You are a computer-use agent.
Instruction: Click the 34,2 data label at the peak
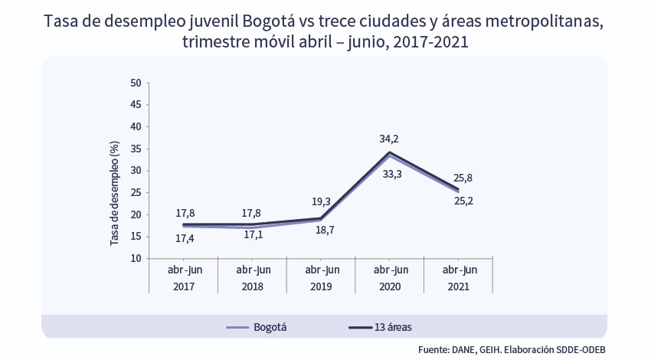pyautogui.click(x=389, y=139)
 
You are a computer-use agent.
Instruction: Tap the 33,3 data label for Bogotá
pyautogui.click(x=391, y=174)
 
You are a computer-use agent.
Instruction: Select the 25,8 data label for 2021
pyautogui.click(x=463, y=178)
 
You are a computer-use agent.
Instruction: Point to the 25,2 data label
pyautogui.click(x=463, y=201)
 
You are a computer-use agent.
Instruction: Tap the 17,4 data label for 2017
pyautogui.click(x=185, y=238)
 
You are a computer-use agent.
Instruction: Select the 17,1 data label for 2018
pyautogui.click(x=254, y=234)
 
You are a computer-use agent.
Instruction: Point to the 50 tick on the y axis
pyautogui.click(x=136, y=83)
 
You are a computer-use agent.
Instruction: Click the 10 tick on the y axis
pyautogui.click(x=136, y=258)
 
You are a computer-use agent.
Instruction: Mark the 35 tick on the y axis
pyautogui.click(x=136, y=171)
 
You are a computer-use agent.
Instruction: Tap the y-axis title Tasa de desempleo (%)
pyautogui.click(x=115, y=192)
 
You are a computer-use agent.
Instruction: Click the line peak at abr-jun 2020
pyautogui.click(x=390, y=152)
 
